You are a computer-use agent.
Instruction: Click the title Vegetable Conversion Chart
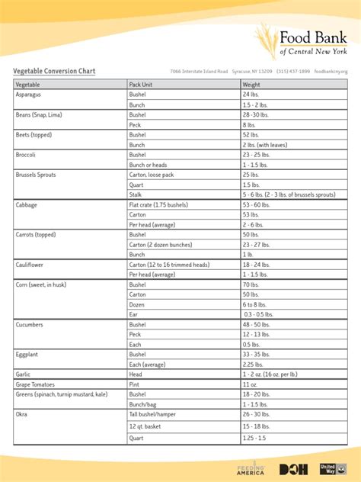[x=54, y=71]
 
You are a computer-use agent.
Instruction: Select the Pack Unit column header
[x=142, y=84]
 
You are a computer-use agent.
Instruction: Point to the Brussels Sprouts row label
[x=36, y=175]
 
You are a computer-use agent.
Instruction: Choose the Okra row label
[x=22, y=414]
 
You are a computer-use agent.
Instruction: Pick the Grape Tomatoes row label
[x=35, y=384]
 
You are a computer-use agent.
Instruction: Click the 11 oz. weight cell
[x=251, y=384]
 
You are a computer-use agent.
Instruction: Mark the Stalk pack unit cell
[x=137, y=194]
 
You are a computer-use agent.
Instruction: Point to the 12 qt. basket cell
[x=146, y=426]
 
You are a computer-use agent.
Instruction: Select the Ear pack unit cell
[x=134, y=314]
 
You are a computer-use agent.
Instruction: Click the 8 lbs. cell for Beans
[x=249, y=124]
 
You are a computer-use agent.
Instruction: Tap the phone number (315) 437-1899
[x=293, y=72]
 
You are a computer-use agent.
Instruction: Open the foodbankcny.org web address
[x=331, y=72]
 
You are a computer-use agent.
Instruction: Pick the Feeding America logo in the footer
[x=251, y=468]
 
